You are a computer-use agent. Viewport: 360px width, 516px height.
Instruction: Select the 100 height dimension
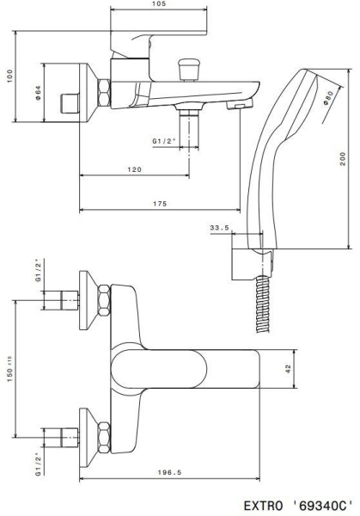click(x=8, y=75)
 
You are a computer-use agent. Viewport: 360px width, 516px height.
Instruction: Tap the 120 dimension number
click(x=134, y=170)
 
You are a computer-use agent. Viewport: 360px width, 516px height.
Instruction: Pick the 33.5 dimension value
click(x=219, y=228)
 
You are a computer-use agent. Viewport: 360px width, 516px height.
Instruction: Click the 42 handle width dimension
click(x=289, y=368)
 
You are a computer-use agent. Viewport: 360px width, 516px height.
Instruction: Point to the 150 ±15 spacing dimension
click(x=9, y=369)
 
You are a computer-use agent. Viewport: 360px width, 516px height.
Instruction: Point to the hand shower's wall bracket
click(x=246, y=265)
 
